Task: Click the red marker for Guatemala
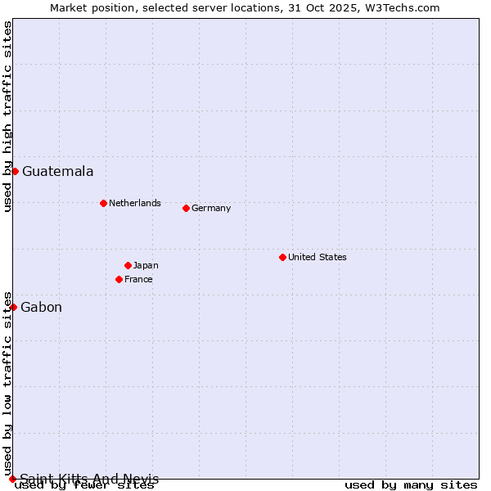(15, 171)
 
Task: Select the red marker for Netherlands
(103, 203)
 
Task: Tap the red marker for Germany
(186, 208)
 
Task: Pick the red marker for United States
(282, 257)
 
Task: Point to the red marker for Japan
(128, 265)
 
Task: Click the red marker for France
(119, 279)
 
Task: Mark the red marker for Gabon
(13, 307)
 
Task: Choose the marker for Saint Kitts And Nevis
(12, 479)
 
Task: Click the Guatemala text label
(57, 172)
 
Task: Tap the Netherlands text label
(135, 203)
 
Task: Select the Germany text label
(211, 208)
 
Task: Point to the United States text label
(318, 257)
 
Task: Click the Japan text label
(146, 265)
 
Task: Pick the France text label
(138, 279)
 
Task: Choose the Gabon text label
(41, 308)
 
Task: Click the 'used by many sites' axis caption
(411, 485)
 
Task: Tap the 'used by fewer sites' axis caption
(84, 485)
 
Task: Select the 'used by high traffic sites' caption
(7, 116)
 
